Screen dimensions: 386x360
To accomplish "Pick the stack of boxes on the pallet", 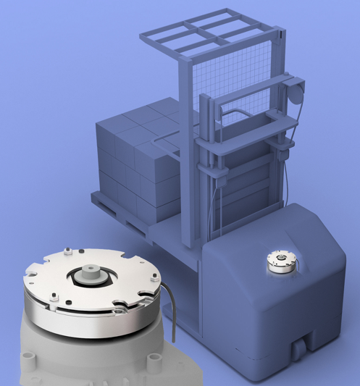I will tap(138, 156).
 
